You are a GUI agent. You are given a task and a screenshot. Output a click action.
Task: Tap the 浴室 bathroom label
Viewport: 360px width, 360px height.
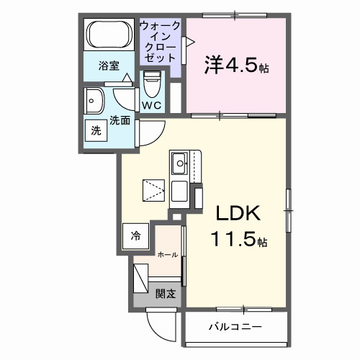(109, 66)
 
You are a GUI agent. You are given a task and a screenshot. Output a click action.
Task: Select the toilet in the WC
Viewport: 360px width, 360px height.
(152, 84)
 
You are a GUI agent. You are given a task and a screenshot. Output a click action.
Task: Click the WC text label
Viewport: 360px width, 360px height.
(151, 105)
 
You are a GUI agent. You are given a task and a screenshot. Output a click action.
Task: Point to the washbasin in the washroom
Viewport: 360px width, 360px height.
(94, 101)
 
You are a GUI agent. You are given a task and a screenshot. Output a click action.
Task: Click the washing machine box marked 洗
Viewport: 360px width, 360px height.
(96, 130)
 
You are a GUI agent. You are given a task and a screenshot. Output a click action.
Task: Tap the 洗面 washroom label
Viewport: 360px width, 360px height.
(120, 120)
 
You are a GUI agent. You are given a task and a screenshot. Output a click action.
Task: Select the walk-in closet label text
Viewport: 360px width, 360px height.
(160, 42)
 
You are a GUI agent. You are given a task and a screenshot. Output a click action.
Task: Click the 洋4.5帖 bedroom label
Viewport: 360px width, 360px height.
(236, 66)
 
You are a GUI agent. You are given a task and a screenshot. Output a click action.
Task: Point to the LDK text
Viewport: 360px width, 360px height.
(238, 213)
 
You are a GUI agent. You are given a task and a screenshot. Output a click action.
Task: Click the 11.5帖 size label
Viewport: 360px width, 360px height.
(239, 239)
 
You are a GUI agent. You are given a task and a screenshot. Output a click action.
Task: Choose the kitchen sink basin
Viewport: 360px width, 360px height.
(179, 163)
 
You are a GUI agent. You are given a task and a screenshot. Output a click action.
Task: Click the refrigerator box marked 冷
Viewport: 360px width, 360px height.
(135, 236)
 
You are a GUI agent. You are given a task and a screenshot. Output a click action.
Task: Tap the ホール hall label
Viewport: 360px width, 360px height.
(168, 255)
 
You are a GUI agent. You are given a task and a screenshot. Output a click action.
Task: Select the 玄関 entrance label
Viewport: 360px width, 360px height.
(166, 294)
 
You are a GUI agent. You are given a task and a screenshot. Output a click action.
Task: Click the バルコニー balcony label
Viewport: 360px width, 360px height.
(235, 327)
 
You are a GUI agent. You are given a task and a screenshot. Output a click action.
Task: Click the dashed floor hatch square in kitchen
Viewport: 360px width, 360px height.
(153, 190)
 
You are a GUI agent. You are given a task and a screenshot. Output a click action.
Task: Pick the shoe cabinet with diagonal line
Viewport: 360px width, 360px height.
(140, 278)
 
